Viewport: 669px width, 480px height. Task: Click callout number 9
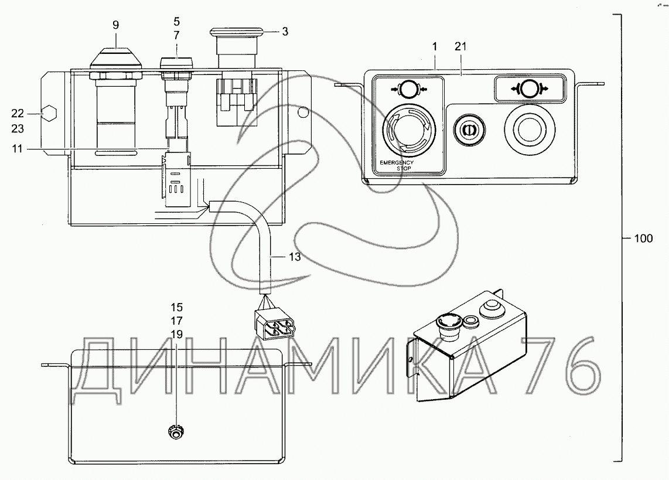coord(115,25)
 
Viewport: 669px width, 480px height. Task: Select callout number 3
coord(285,32)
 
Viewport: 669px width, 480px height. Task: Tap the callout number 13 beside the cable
coord(295,257)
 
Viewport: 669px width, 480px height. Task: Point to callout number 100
coord(643,239)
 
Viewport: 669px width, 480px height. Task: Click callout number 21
coord(461,46)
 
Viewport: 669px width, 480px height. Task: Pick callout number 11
coord(17,149)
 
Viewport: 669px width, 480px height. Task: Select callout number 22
coord(18,114)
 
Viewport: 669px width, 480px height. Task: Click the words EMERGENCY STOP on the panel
coord(397,165)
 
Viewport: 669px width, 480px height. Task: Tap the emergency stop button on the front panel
coord(409,130)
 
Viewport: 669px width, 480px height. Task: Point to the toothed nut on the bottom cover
coord(175,433)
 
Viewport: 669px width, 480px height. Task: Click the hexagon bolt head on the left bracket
coord(48,114)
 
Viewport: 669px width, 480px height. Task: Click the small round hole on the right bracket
coord(303,112)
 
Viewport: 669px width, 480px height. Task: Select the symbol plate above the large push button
coord(529,88)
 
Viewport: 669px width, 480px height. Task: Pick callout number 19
coord(177,335)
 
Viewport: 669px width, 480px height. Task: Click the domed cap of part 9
coord(115,57)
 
